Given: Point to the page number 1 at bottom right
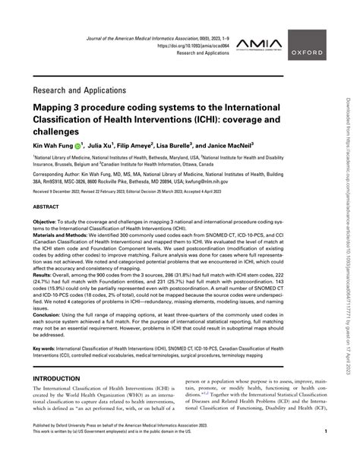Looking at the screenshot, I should click(x=326, y=453).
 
